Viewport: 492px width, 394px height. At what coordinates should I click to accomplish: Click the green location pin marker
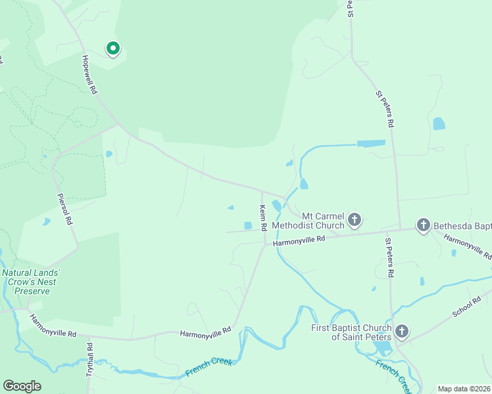coord(112,49)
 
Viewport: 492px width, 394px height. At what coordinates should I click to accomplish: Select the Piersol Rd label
coord(64,209)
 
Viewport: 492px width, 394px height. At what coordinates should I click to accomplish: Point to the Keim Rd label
coord(262,218)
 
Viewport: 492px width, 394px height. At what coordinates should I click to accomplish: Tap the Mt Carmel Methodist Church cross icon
coord(355,219)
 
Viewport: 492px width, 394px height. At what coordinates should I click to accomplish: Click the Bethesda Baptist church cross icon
coord(423,226)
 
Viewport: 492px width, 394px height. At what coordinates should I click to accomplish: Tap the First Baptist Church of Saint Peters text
coord(351,332)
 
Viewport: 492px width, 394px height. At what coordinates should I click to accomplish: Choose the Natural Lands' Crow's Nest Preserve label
coord(31,282)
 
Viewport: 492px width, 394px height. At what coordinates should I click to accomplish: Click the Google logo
coord(22,386)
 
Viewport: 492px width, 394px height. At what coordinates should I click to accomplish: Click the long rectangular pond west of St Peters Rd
coord(371,143)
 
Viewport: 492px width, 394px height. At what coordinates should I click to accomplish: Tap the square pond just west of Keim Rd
coord(248,226)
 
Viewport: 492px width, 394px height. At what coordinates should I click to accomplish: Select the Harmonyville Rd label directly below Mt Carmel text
coord(299,241)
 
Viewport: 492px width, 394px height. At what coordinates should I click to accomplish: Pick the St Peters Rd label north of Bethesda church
coord(385,108)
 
